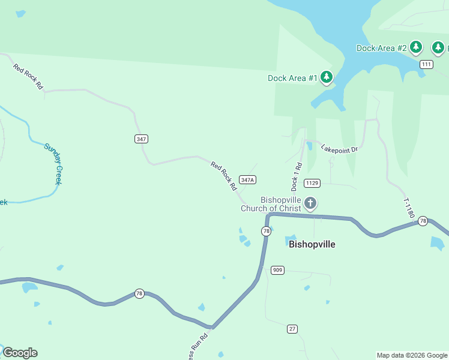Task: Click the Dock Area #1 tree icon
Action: (326, 77)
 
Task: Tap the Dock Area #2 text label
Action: (381, 48)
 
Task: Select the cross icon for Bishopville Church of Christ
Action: (310, 203)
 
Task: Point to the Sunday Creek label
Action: (53, 163)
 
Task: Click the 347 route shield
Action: (141, 139)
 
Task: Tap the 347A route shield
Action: (247, 179)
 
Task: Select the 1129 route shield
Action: (312, 183)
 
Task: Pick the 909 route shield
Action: (277, 270)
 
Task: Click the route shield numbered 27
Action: (292, 328)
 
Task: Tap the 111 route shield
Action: (426, 64)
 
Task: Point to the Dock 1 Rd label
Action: (296, 173)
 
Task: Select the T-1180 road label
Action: (409, 207)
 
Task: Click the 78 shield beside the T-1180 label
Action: (423, 221)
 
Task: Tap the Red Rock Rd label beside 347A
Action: (224, 176)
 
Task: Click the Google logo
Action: (20, 353)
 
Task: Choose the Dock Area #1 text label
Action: (292, 78)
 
